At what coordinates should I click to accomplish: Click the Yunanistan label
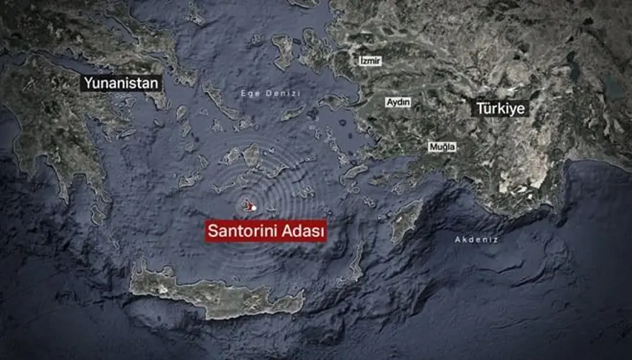pos(121,83)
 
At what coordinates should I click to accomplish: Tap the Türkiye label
pos(501,109)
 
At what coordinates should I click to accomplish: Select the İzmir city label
pos(371,61)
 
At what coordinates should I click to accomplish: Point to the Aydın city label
pos(399,102)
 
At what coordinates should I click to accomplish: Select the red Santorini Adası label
pos(266,232)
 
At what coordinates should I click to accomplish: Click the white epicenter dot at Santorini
pos(254,208)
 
